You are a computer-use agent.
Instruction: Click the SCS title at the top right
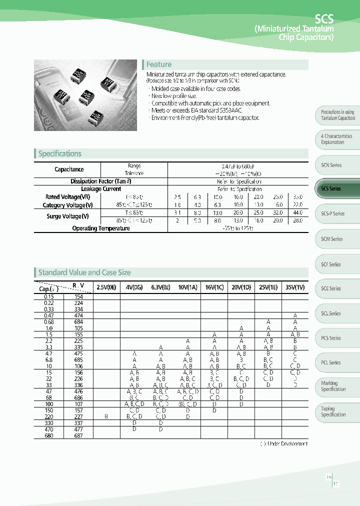pos(324,19)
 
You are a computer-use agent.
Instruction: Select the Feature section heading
pos(158,64)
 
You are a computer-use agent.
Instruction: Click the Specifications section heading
pos(59,154)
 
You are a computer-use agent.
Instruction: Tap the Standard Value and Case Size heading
pos(84,272)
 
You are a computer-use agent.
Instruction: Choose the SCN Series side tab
pos(331,165)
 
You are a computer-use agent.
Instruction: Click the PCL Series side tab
pos(331,362)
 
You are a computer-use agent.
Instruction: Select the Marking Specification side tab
pos(333,386)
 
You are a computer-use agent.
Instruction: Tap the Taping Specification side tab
pos(333,411)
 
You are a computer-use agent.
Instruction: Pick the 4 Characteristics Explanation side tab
pos(336,139)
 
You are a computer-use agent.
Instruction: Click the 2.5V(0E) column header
pos(106,288)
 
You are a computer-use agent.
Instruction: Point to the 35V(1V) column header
pos(295,288)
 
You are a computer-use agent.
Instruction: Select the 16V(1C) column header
pos(214,288)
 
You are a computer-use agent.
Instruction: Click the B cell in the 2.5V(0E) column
pos(106,416)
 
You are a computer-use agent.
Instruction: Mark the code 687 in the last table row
pos(79,435)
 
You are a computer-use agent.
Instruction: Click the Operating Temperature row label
pos(100,228)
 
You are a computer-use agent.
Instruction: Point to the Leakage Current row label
pos(100,189)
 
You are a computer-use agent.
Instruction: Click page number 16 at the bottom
pos(328,477)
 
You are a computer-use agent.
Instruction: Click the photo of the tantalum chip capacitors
pos(85,95)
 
